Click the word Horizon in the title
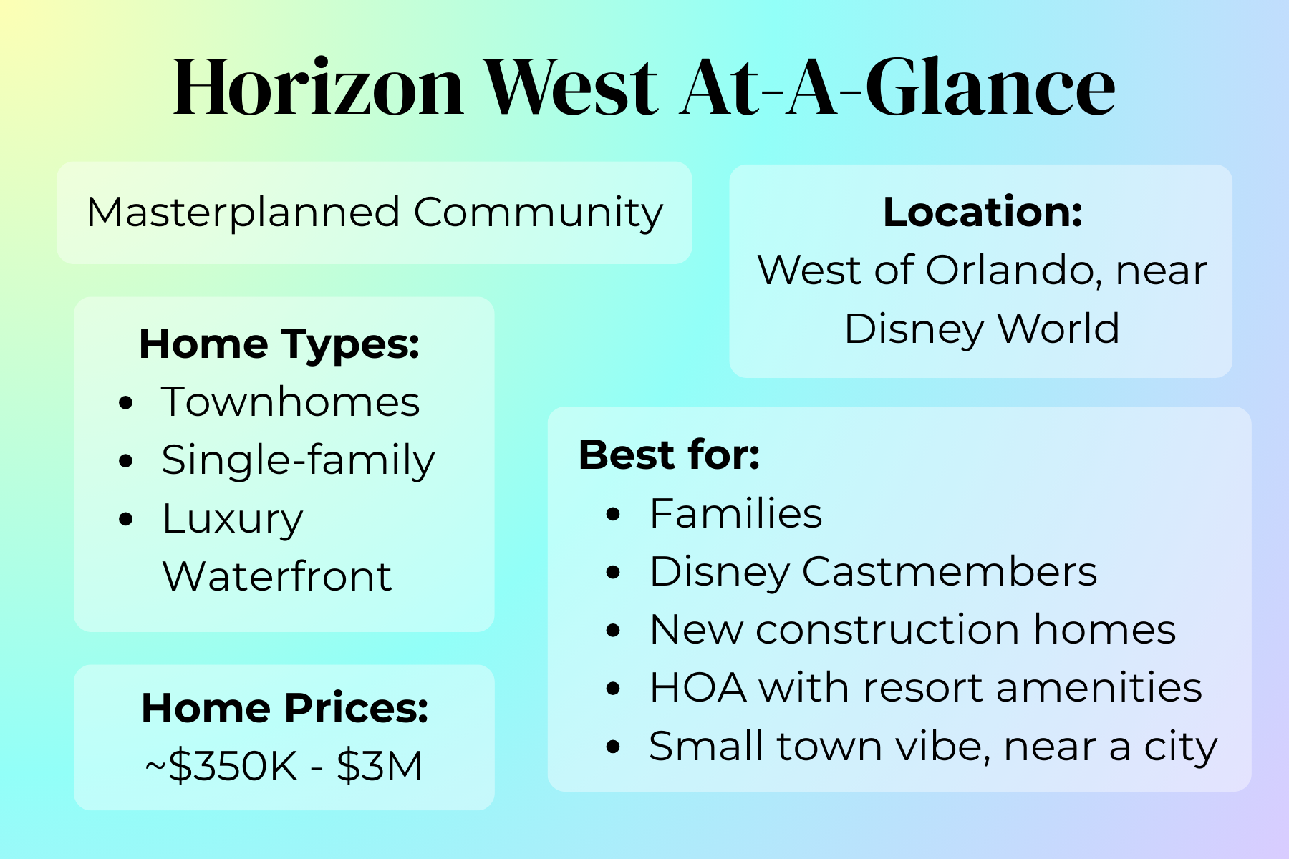(x=319, y=87)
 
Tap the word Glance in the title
(x=990, y=87)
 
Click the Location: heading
(x=983, y=213)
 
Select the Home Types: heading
(x=279, y=344)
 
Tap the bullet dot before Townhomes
(x=127, y=403)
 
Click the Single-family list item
(x=298, y=460)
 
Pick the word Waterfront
(x=277, y=576)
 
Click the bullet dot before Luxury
(x=127, y=519)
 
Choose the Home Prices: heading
(x=284, y=708)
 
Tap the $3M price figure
(x=380, y=766)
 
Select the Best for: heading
(x=669, y=455)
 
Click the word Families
(x=735, y=514)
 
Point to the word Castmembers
(x=949, y=572)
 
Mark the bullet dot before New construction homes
(x=614, y=631)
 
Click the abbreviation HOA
(x=698, y=688)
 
